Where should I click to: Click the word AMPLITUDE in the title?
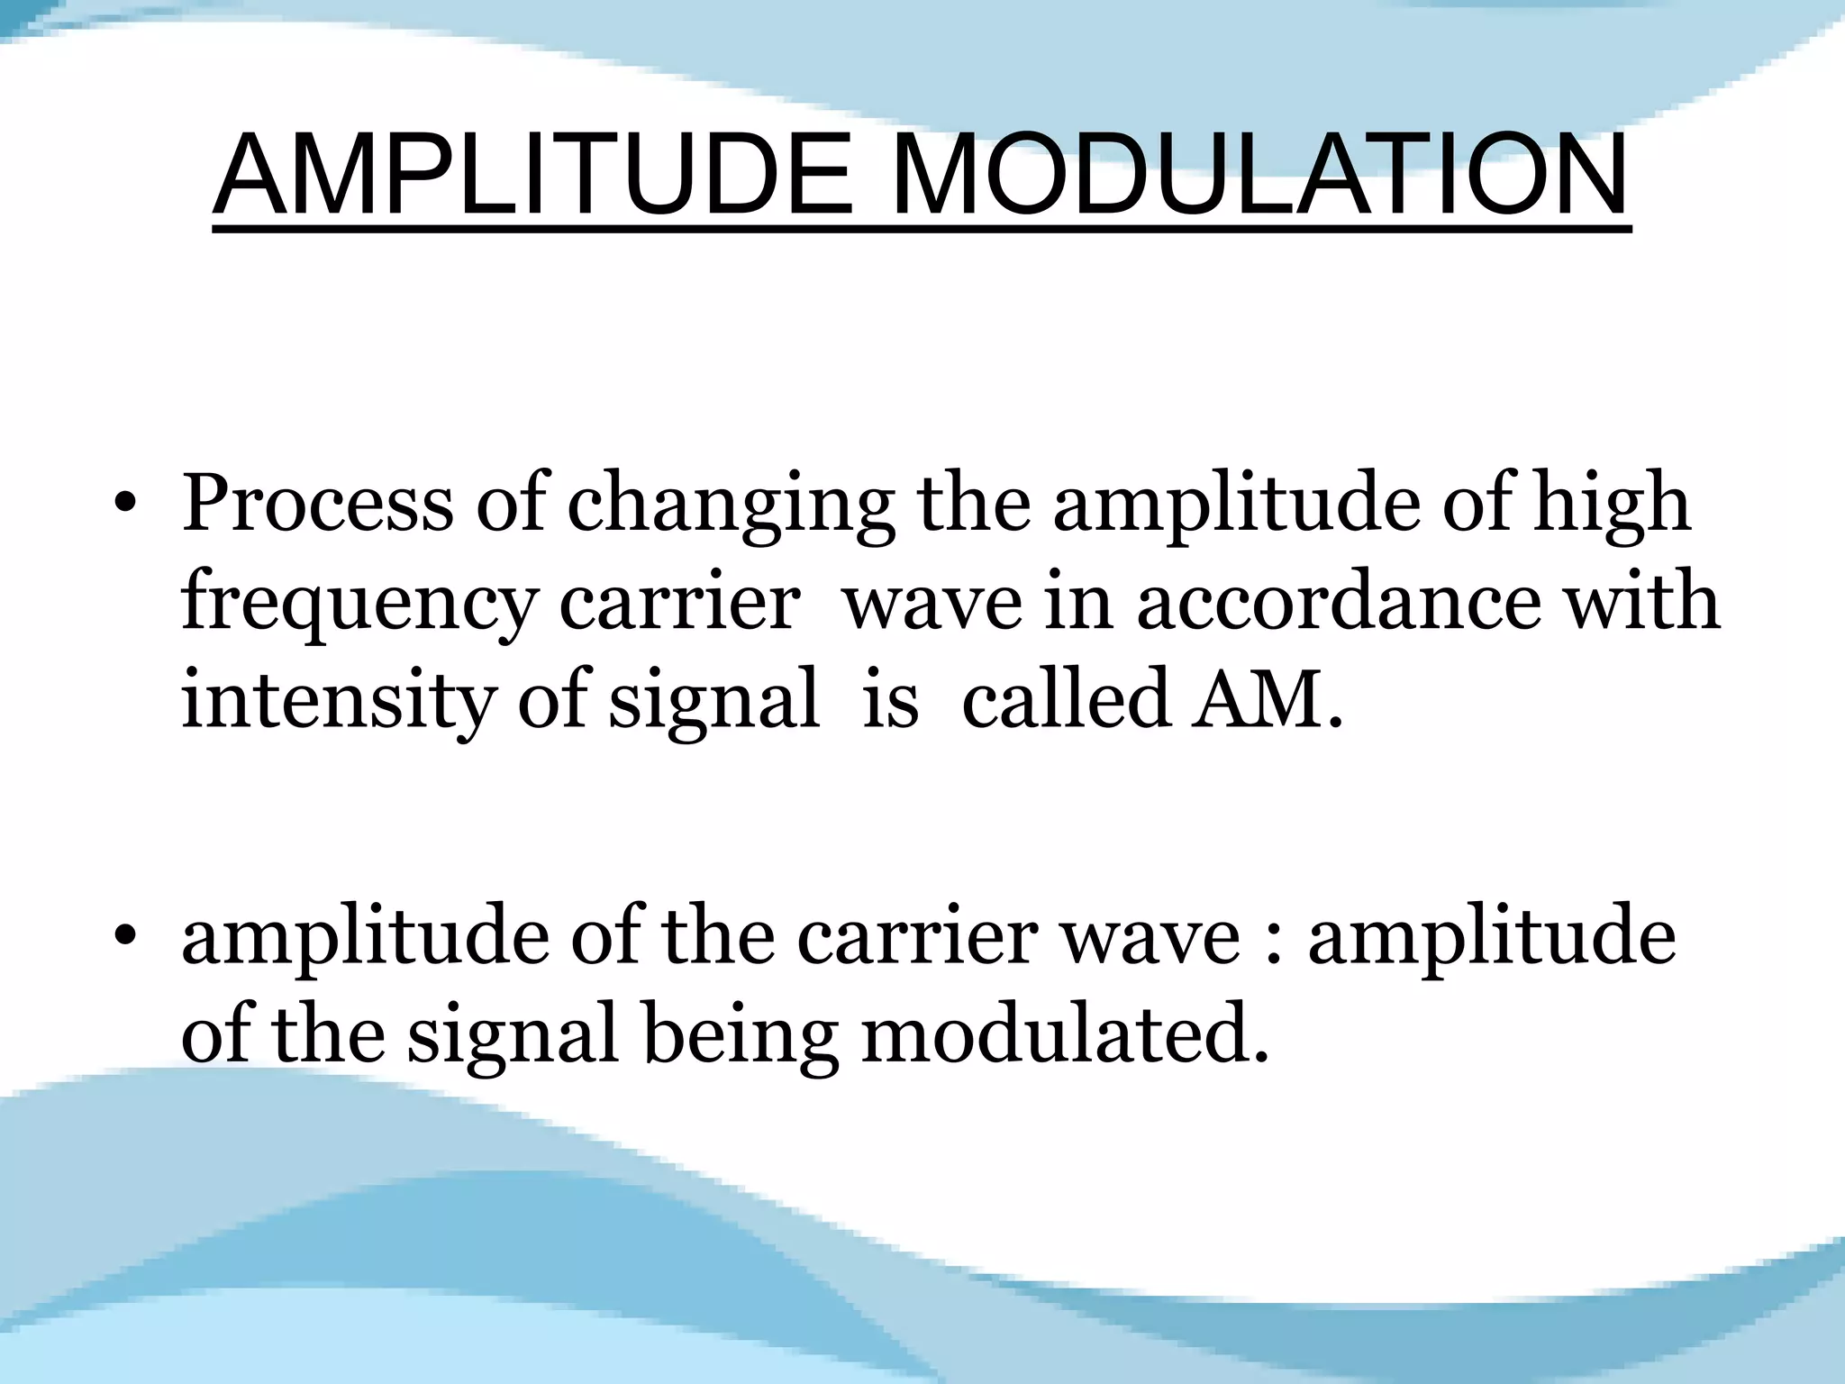tap(532, 176)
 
